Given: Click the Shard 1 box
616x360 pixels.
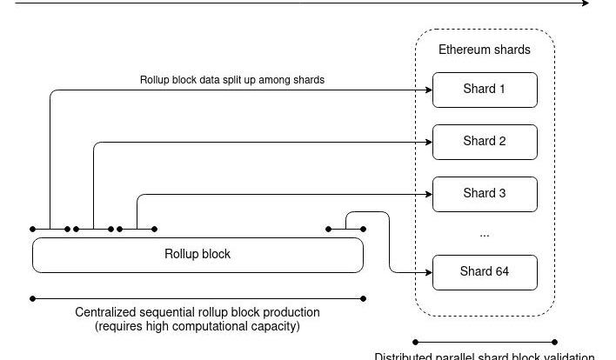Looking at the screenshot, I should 485,90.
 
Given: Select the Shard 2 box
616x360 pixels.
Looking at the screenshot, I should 485,142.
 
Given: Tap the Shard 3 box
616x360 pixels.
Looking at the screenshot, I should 485,194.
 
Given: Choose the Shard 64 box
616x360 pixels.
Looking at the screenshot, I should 485,272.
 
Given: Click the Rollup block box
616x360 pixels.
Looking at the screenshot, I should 198,255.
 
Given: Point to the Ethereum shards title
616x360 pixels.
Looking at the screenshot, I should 485,50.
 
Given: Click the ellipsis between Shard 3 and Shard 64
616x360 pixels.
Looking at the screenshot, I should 485,234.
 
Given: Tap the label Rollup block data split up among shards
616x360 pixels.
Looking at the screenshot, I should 232,80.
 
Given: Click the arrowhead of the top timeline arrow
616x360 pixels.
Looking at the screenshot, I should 586,3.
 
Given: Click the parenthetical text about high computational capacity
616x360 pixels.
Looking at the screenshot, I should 198,327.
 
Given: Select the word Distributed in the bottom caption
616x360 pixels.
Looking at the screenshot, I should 403,356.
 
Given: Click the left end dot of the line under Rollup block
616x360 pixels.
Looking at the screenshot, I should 33,298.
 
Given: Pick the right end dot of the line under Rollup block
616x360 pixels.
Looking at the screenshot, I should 363,298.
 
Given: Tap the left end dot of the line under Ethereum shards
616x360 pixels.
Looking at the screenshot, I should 415,342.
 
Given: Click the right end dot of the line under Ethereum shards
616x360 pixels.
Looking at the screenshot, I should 555,342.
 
